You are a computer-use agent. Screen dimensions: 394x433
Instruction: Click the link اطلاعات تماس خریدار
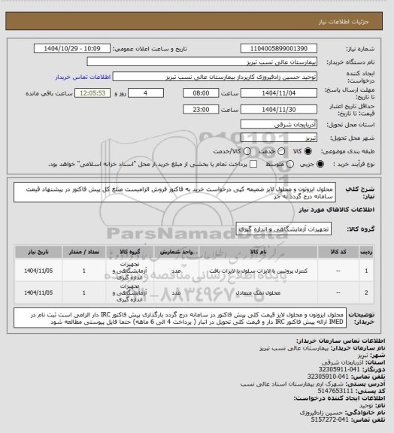pyautogui.click(x=99, y=76)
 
